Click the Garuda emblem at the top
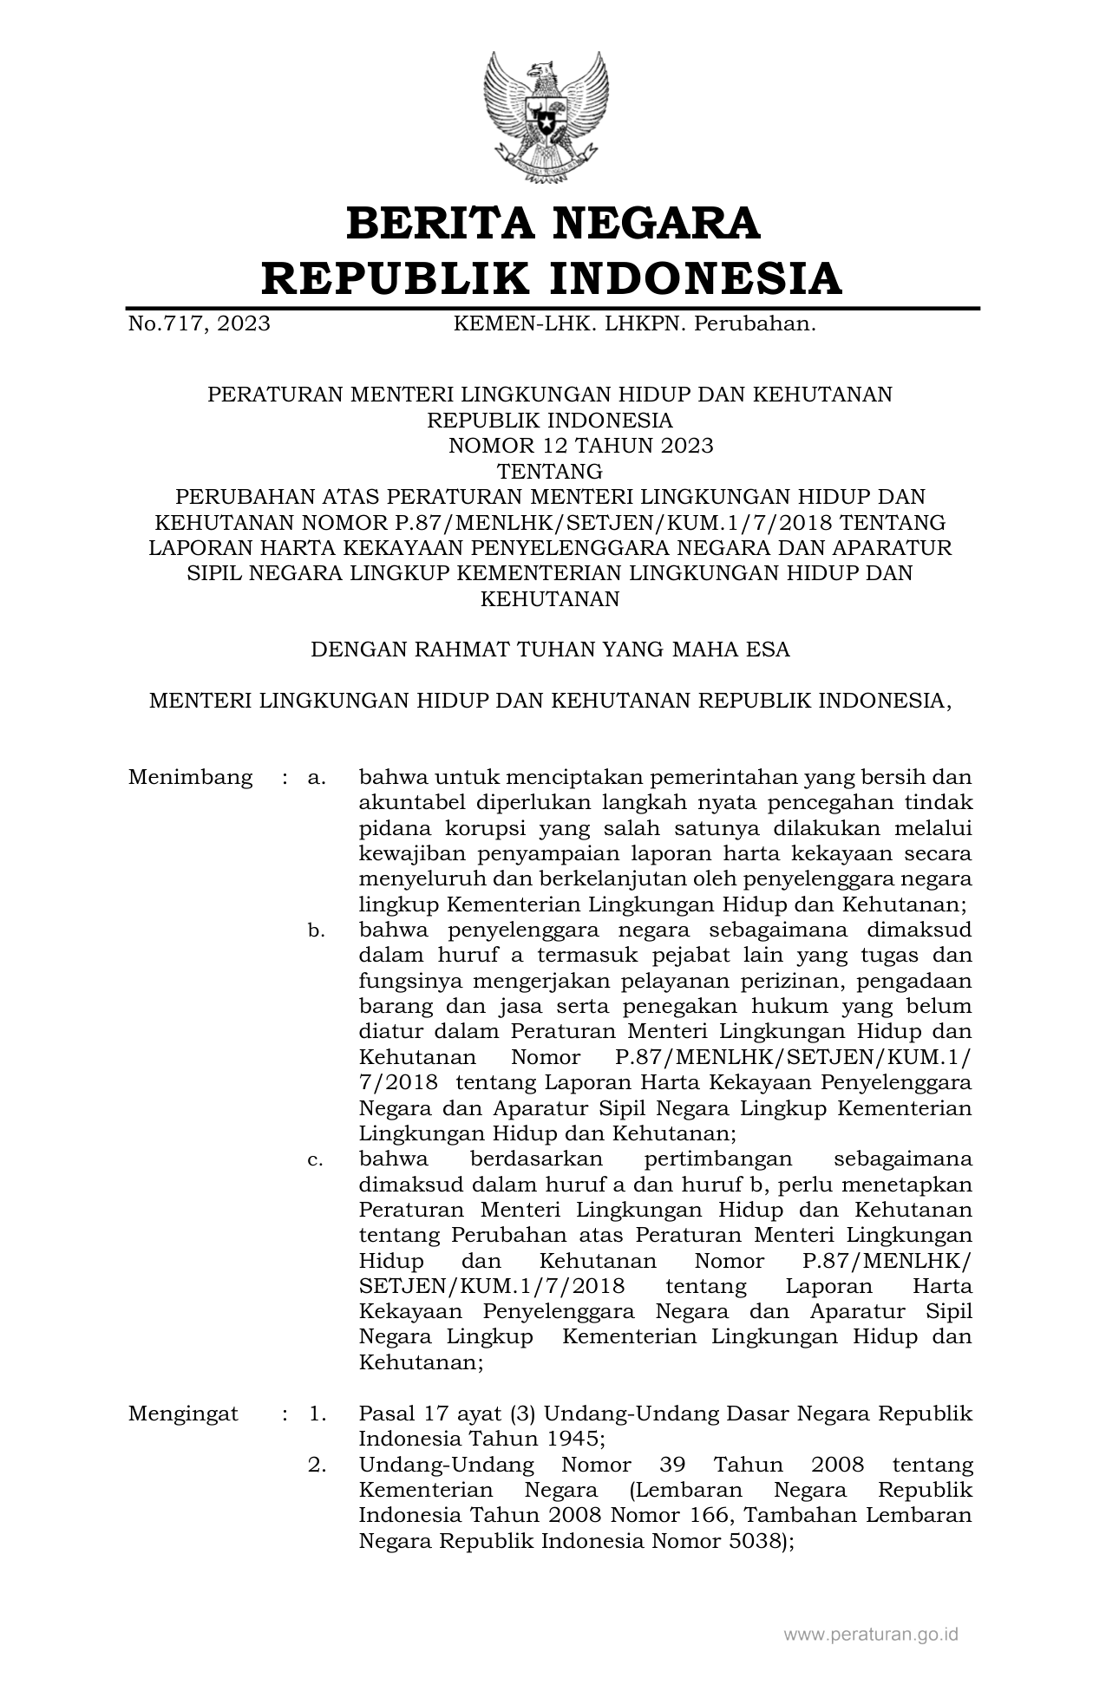[x=553, y=119]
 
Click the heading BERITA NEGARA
[x=553, y=223]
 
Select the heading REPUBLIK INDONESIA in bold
[x=553, y=279]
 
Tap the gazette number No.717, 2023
[x=199, y=324]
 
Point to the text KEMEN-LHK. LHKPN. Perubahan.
[x=635, y=324]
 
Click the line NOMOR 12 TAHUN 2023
[x=580, y=446]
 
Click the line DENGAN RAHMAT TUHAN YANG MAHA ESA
[x=550, y=650]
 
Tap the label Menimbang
[x=190, y=777]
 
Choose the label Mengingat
[x=183, y=1414]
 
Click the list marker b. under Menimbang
[x=317, y=931]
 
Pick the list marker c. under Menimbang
[x=317, y=1160]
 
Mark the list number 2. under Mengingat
[x=317, y=1466]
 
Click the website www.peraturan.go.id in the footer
[x=871, y=1635]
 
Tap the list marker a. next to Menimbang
[x=317, y=778]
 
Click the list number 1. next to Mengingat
[x=317, y=1414]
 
